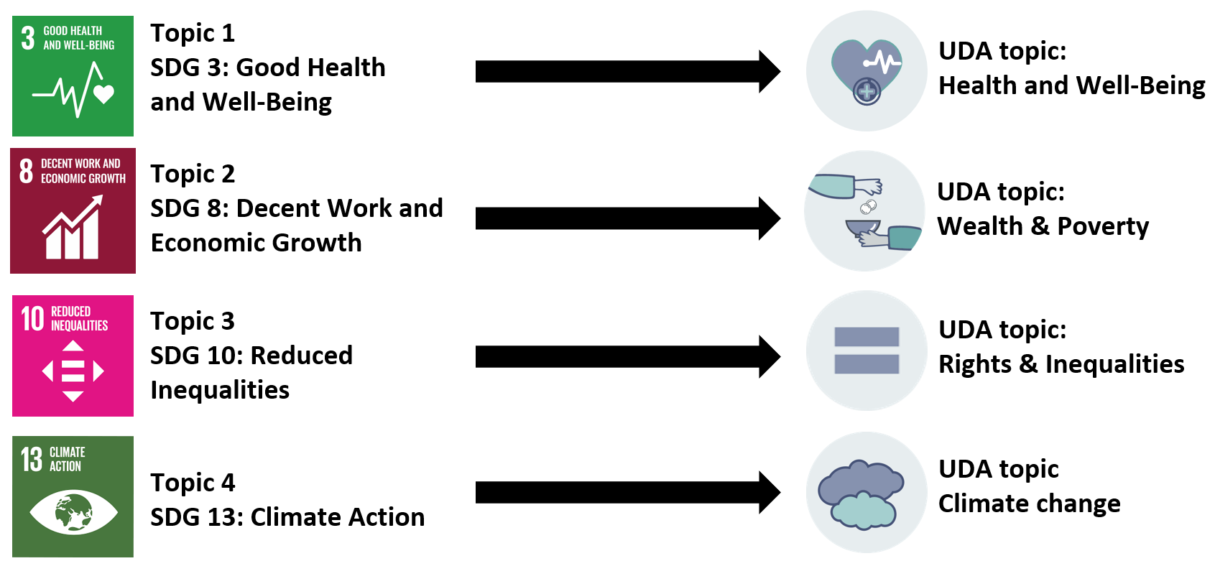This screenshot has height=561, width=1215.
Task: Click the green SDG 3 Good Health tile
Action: [73, 76]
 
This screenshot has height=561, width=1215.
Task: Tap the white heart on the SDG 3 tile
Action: [104, 94]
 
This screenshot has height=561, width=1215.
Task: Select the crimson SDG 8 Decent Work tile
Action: [73, 211]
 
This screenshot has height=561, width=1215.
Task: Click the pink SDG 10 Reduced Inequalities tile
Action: [73, 356]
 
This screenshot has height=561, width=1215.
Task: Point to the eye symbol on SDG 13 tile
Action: [73, 512]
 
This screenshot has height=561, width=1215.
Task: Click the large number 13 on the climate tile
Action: [32, 459]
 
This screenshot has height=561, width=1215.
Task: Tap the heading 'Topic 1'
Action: [193, 33]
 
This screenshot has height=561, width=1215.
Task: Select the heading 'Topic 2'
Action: [193, 174]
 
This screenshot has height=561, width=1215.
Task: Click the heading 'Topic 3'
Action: [193, 321]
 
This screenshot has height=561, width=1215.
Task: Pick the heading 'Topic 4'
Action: [193, 483]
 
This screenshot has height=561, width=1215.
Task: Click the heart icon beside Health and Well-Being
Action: [866, 69]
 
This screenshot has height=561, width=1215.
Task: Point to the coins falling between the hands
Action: [868, 208]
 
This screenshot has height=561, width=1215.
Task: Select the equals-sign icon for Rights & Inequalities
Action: [867, 351]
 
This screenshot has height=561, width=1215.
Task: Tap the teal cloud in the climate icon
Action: [862, 511]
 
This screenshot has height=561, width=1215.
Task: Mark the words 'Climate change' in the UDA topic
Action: [1029, 504]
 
